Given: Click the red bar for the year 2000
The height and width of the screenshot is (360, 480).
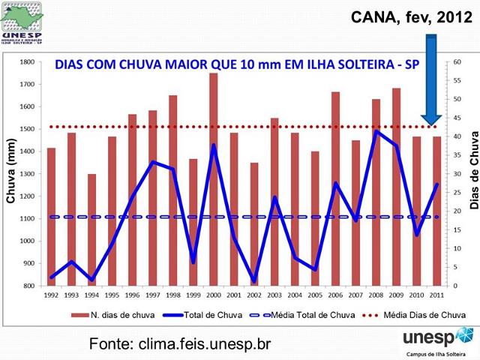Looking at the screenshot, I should [214, 180].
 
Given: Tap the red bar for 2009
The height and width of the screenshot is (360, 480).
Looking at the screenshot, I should [396, 187].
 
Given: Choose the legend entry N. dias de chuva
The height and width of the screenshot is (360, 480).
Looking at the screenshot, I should [112, 315].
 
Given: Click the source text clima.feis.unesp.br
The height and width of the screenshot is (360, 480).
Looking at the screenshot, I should [179, 343].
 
